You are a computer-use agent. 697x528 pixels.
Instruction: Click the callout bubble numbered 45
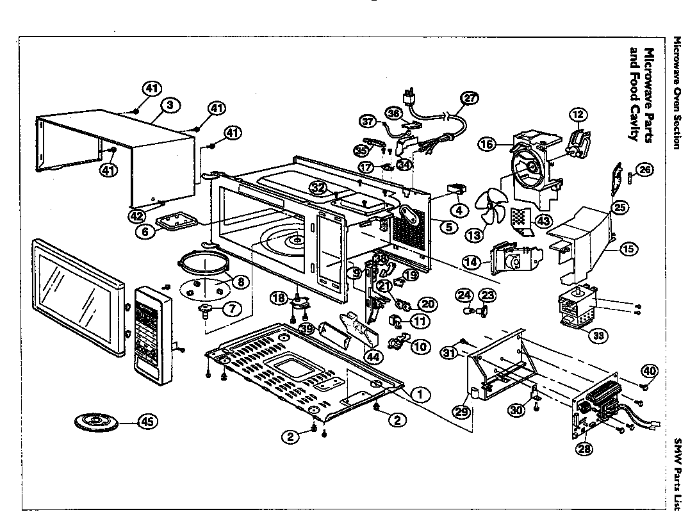point(147,421)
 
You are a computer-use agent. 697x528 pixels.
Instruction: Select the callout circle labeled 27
point(470,98)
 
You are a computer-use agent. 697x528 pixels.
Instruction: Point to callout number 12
point(578,115)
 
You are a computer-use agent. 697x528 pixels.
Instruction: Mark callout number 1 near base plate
point(420,394)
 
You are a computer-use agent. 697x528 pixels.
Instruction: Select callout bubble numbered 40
point(650,370)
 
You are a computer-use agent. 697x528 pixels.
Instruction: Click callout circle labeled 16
point(486,145)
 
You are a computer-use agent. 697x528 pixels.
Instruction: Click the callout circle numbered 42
point(136,216)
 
